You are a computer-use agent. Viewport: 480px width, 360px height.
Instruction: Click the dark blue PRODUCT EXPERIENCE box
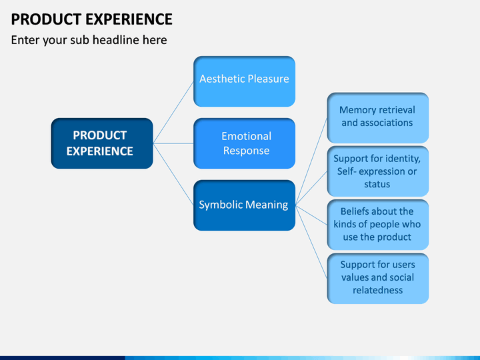[102, 143]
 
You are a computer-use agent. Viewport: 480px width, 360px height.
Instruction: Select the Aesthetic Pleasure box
[244, 81]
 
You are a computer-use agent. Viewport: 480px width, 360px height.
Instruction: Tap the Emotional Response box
[244, 143]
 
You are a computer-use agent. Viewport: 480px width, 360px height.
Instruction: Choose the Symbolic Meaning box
[244, 205]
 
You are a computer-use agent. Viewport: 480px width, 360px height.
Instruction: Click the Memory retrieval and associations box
[378, 118]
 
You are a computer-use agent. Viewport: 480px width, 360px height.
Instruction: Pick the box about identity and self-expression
[378, 171]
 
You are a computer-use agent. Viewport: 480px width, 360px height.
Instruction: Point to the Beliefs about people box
[378, 225]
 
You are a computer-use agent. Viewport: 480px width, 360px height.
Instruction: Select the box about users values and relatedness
[378, 278]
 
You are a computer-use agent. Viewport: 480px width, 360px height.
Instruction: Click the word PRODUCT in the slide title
[46, 19]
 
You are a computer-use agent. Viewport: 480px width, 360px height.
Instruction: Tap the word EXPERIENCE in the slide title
[129, 19]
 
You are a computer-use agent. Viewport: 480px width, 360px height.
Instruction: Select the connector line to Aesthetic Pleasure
[173, 113]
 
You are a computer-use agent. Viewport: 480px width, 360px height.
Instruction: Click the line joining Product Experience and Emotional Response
[173, 143]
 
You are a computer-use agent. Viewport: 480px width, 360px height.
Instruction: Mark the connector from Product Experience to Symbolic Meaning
[173, 174]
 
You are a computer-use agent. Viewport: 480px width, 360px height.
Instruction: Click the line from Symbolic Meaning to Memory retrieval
[311, 161]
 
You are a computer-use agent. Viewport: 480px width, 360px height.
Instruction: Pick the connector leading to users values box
[311, 241]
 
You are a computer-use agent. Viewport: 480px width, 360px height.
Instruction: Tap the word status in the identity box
[377, 184]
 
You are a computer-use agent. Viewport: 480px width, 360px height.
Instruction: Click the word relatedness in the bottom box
[378, 290]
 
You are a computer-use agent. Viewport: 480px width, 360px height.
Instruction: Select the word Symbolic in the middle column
[221, 205]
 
